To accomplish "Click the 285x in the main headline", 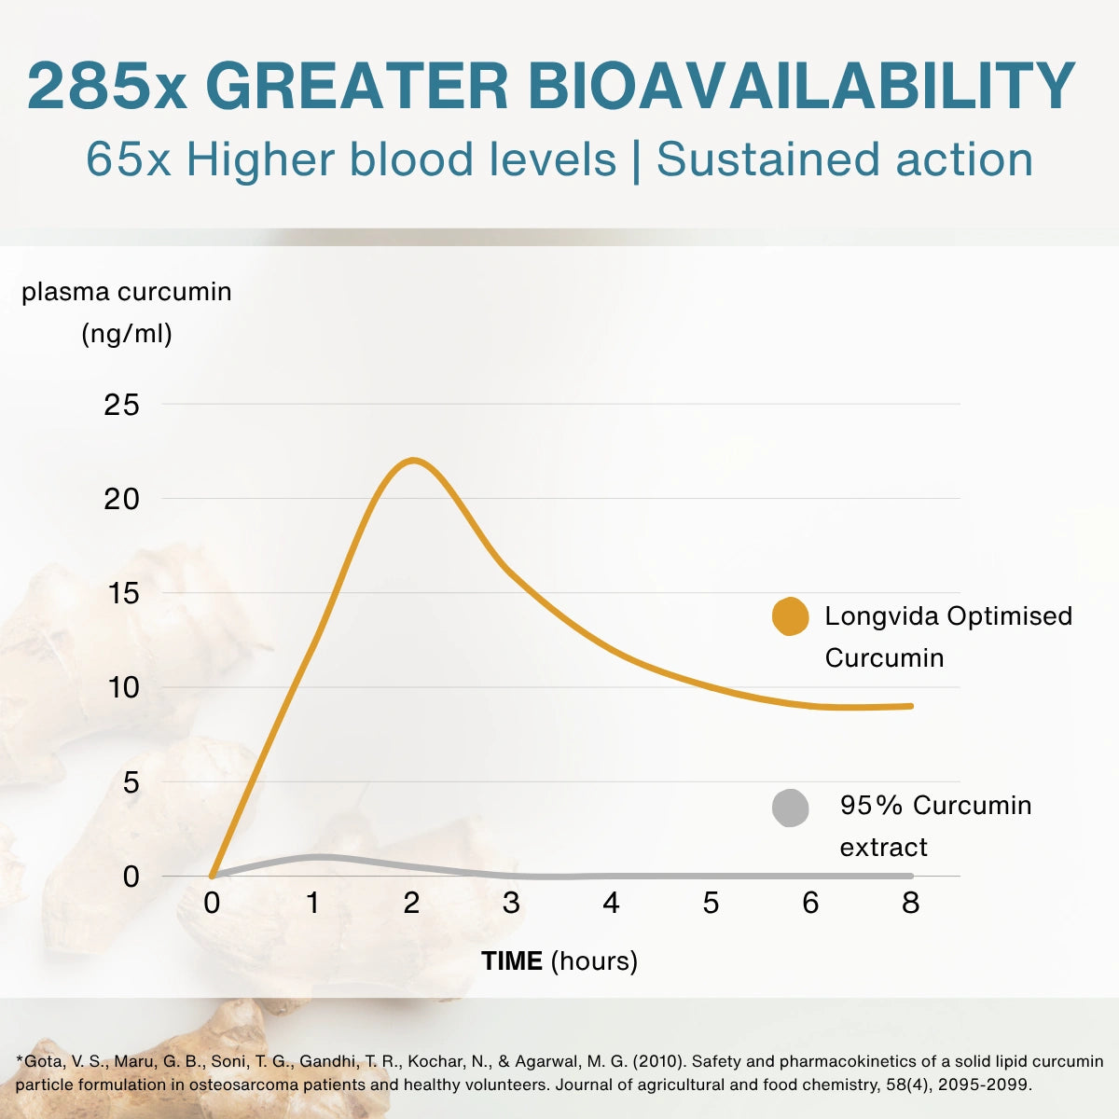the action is [x=107, y=86].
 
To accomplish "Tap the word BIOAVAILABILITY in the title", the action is [x=802, y=86].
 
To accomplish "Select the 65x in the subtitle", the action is [x=129, y=159].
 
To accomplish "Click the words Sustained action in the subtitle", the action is [x=844, y=159].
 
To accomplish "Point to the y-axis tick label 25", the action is [x=122, y=405].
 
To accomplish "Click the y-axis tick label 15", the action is [x=123, y=593].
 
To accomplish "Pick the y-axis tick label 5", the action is [x=131, y=782].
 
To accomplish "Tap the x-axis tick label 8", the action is [x=910, y=903].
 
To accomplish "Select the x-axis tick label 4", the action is [x=611, y=903].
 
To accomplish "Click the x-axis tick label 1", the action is [x=313, y=903].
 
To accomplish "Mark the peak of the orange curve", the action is [x=413, y=461].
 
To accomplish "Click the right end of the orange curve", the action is [x=910, y=706].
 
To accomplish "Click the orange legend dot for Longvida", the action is [x=791, y=616].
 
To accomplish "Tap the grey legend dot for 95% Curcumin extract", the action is [x=791, y=808].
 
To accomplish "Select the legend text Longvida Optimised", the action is [x=948, y=616].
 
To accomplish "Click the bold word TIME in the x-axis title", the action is [x=512, y=961].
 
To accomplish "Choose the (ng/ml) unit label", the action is [x=127, y=334].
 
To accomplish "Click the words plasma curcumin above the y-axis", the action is [x=127, y=292].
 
